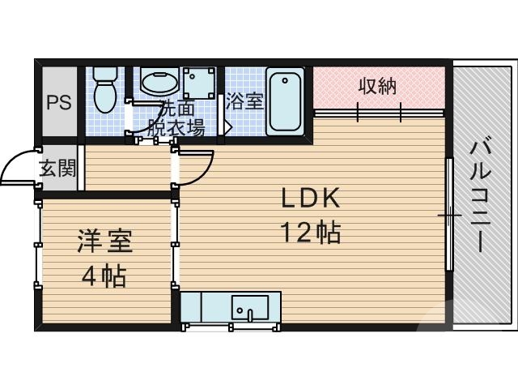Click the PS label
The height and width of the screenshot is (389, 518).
coord(57,103)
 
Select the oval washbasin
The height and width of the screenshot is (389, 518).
coord(159,81)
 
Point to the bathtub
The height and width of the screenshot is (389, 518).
coord(284,101)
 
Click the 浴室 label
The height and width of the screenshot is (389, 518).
coord(244,102)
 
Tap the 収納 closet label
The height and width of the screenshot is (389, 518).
coord(377,86)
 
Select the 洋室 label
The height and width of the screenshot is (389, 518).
coord(104,241)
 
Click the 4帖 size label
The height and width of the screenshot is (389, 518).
coord(103,276)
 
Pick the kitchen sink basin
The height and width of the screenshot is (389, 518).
coord(250,308)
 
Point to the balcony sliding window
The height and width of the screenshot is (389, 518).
coord(449,215)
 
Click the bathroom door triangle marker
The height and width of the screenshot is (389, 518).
coord(227,127)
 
